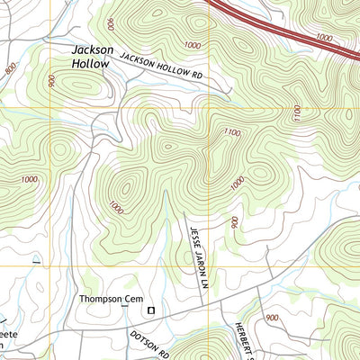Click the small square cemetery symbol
tap(151, 310)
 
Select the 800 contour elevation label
tap(11, 67)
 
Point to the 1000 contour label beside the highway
tap(325, 40)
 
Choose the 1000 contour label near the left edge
tap(29, 179)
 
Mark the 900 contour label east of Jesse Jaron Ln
tap(233, 221)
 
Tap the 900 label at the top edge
tap(110, 22)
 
